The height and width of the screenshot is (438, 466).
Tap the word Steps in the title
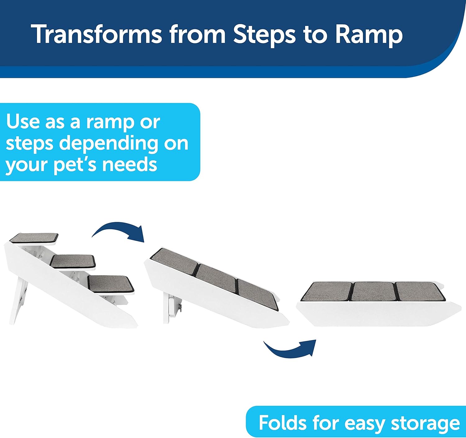point(264,35)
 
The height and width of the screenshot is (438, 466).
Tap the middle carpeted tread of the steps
point(73,261)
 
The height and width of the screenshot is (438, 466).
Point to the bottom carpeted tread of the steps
point(111,284)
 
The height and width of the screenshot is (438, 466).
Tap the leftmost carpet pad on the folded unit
point(327,291)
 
